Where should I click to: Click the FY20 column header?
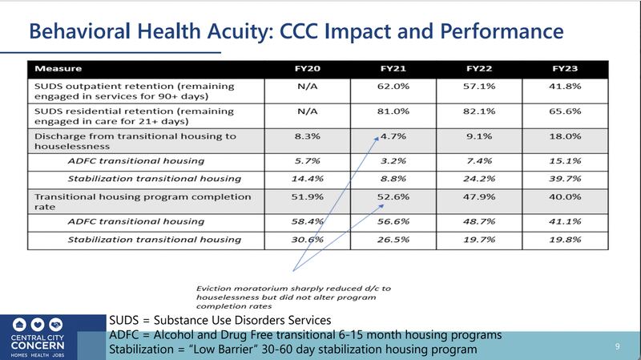pyautogui.click(x=308, y=69)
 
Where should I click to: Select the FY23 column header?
pyautogui.click(x=565, y=69)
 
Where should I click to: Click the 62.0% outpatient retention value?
pyautogui.click(x=393, y=87)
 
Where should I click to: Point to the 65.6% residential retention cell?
pyautogui.click(x=565, y=111)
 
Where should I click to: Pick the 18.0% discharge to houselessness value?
pyautogui.click(x=565, y=136)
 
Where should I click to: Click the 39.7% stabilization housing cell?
pyautogui.click(x=565, y=179)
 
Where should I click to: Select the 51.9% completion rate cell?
pyautogui.click(x=308, y=196)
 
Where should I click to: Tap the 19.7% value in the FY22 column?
pyautogui.click(x=479, y=239)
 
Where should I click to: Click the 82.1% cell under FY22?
pyautogui.click(x=479, y=111)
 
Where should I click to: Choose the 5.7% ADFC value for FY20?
pyautogui.click(x=308, y=161)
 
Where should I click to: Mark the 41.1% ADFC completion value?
pyautogui.click(x=565, y=221)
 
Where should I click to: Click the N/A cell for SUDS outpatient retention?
pyautogui.click(x=308, y=87)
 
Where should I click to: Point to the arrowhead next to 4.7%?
pyautogui.click(x=376, y=140)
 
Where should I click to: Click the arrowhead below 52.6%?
pyautogui.click(x=381, y=207)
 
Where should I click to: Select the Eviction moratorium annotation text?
pyautogui.click(x=293, y=297)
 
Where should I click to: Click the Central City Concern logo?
pyautogui.click(x=38, y=338)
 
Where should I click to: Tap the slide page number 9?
pyautogui.click(x=617, y=346)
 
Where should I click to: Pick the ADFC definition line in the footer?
pyautogui.click(x=305, y=334)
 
